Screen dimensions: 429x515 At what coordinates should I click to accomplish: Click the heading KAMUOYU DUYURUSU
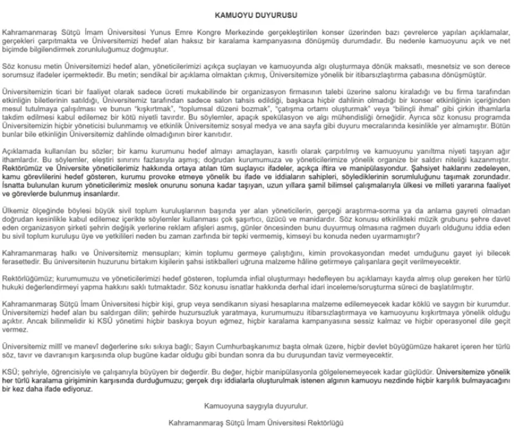tap(257, 14)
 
